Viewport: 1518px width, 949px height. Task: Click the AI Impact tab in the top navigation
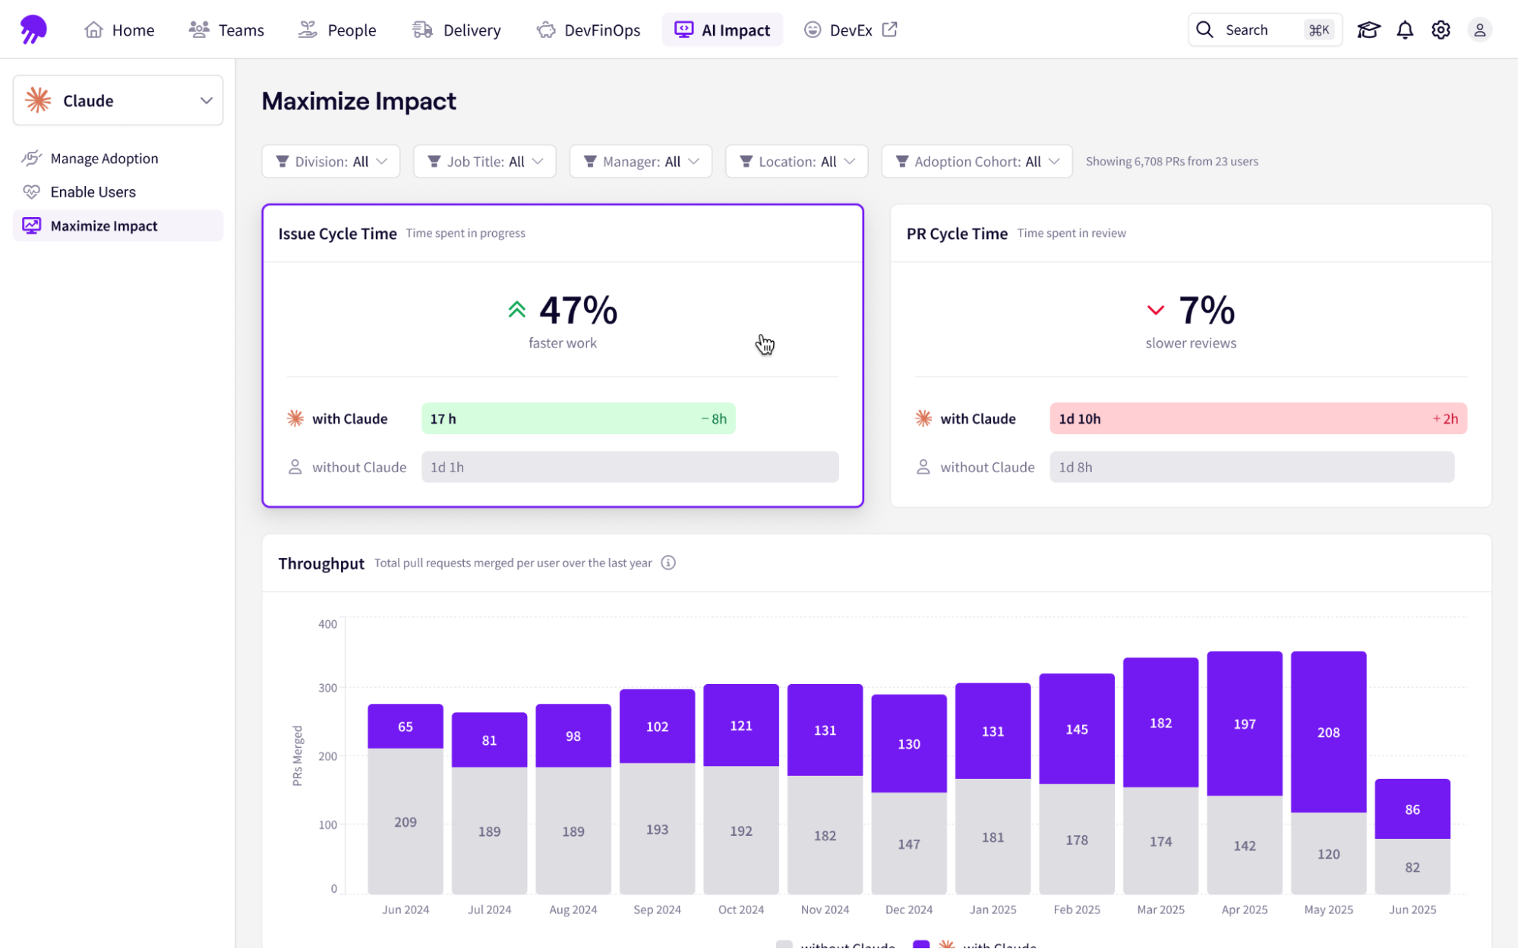coord(722,30)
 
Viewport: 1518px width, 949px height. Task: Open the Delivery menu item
coord(456,30)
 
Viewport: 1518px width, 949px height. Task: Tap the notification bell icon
coord(1405,30)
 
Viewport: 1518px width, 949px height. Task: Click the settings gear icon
coord(1441,30)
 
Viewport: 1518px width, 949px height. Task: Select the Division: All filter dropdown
coord(331,162)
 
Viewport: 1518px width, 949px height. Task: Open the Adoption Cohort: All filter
coord(977,162)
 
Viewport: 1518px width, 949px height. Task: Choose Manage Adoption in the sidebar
coord(104,159)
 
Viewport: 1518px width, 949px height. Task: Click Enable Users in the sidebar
coord(93,192)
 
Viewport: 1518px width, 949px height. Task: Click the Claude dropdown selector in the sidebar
coord(118,100)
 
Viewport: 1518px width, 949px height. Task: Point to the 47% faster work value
coord(577,311)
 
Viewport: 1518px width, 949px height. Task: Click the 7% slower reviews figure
coord(1206,311)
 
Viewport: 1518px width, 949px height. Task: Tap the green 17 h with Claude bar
coord(578,419)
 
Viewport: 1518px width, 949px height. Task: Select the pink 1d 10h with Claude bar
coord(1258,419)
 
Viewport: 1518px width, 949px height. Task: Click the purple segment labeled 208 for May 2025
coord(1328,732)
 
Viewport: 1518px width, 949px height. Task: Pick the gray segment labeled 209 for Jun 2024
coord(406,821)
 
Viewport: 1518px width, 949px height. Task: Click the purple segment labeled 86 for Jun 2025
coord(1412,809)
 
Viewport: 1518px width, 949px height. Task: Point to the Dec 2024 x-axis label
coord(908,910)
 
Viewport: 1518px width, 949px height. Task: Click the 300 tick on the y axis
coord(327,688)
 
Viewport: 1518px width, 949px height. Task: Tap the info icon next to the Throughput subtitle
coord(668,563)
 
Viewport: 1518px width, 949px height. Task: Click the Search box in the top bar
coord(1264,30)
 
